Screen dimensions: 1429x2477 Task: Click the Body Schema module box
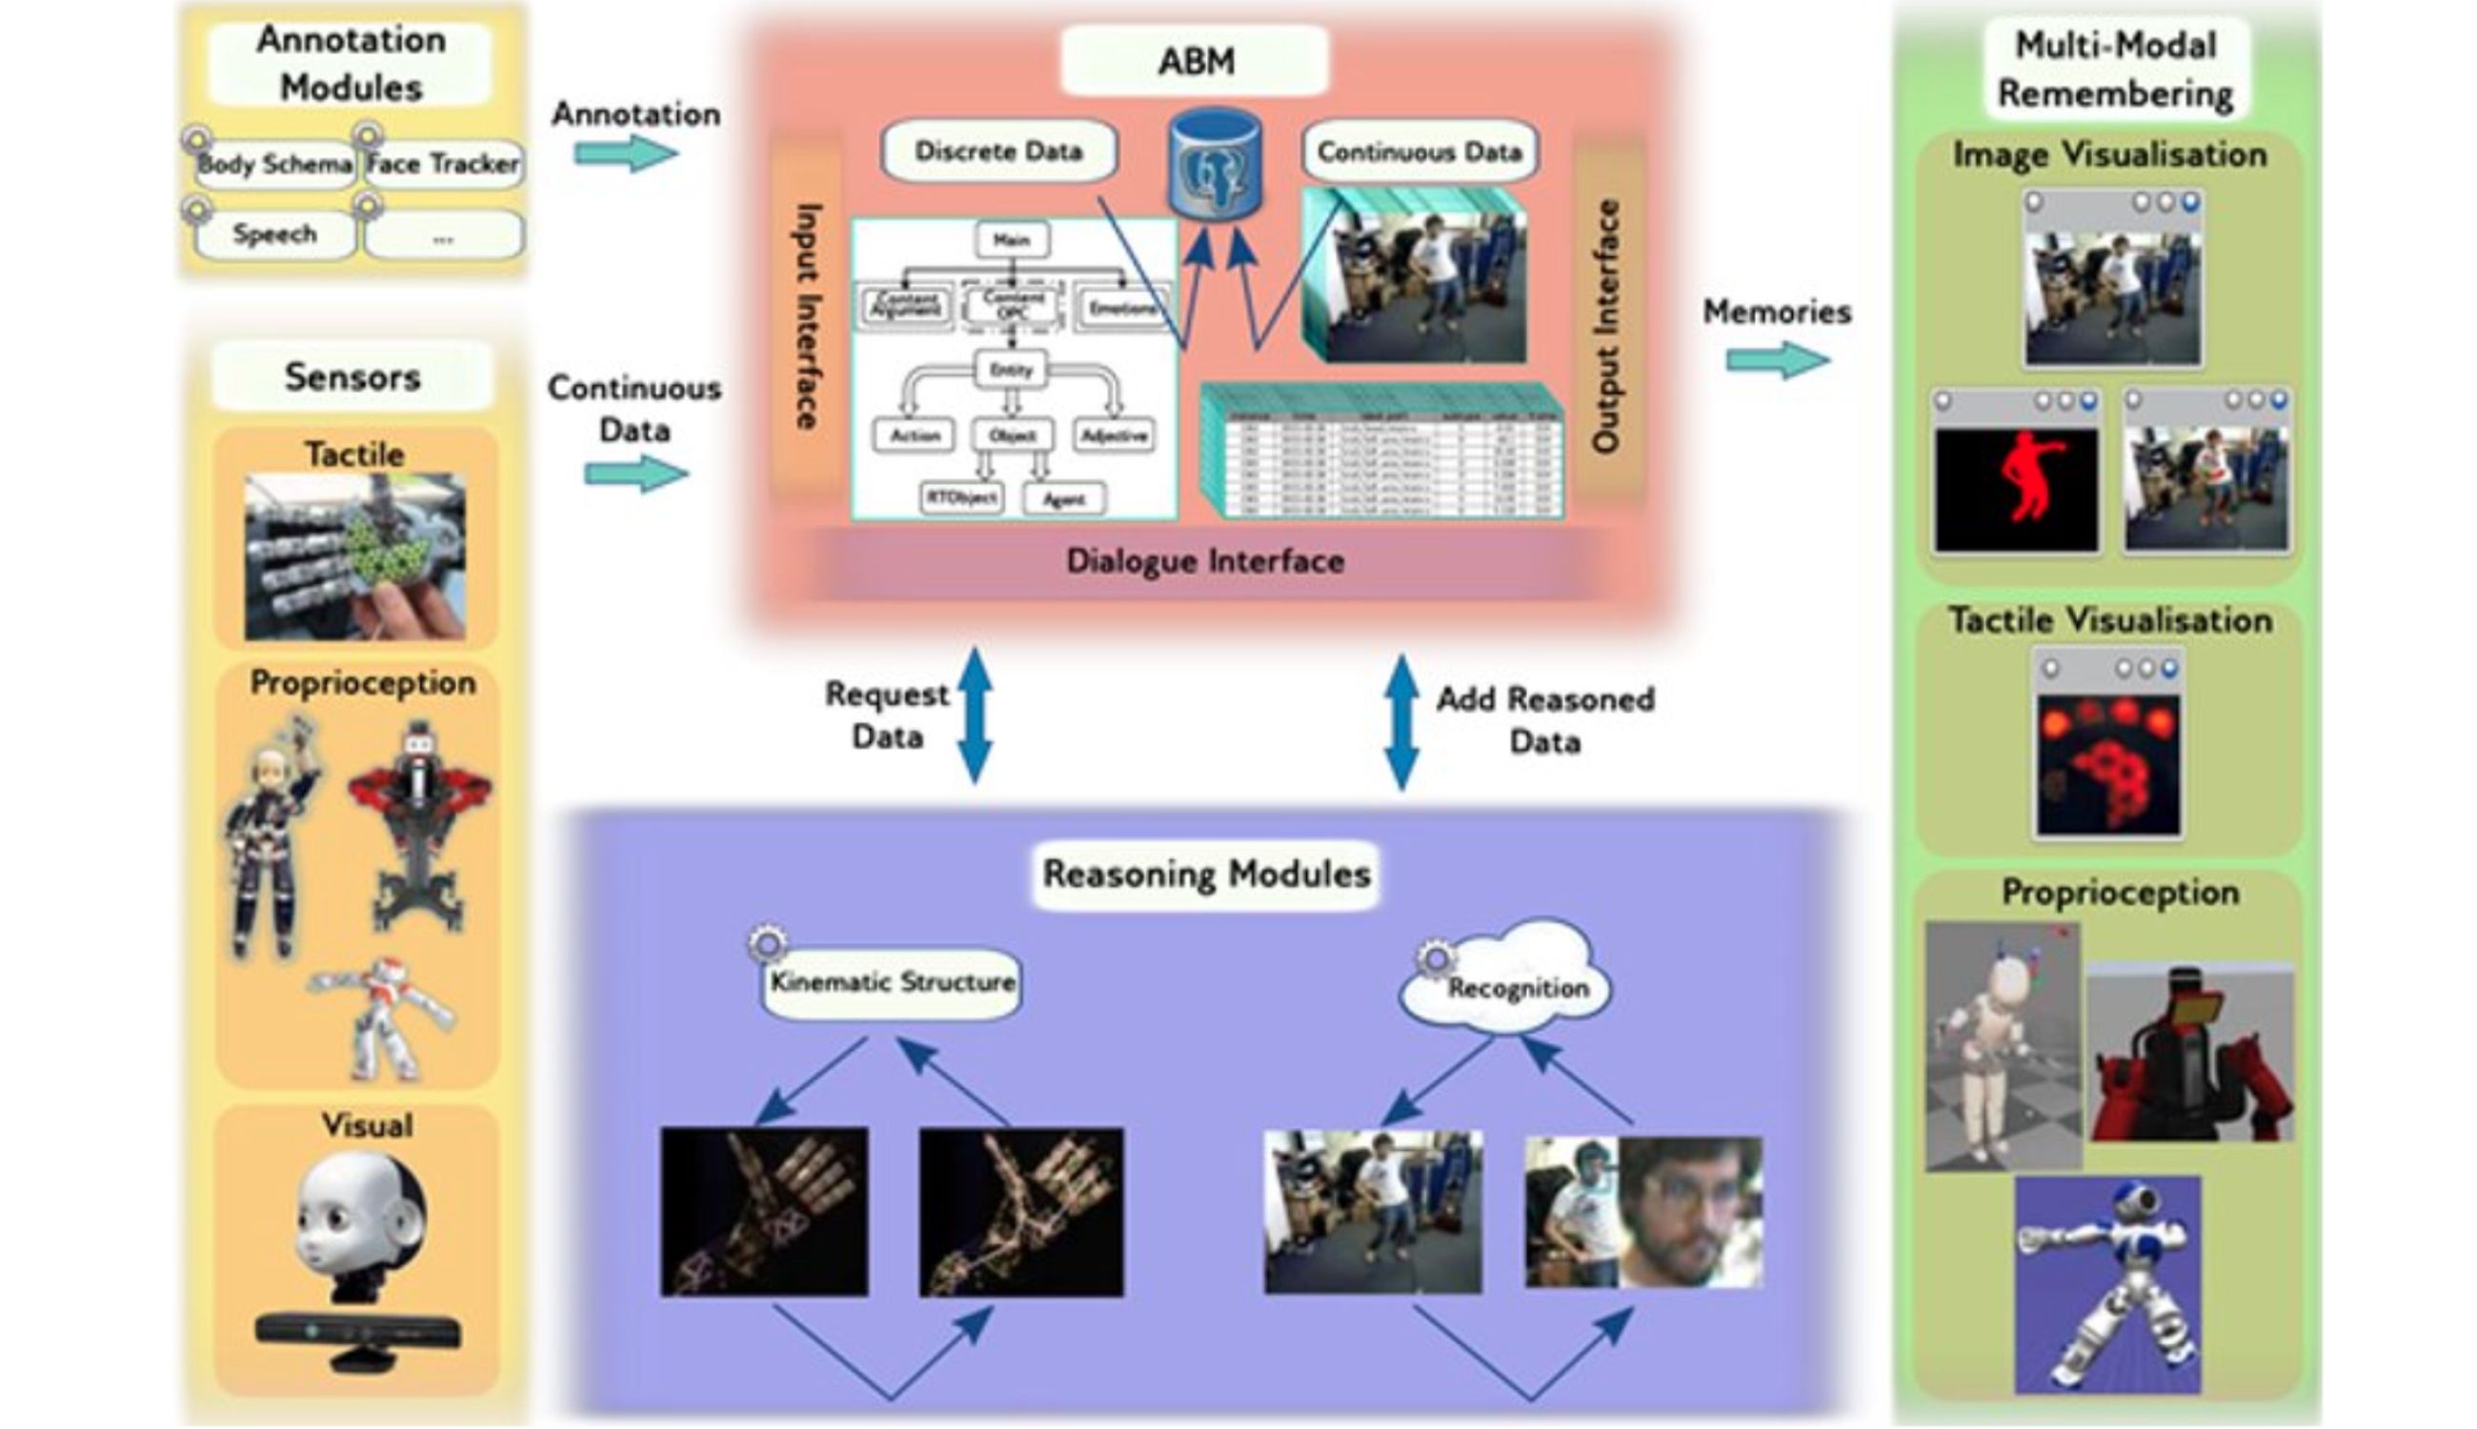coord(273,164)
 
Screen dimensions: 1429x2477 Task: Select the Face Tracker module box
coord(443,164)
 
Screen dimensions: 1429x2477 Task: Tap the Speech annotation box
coord(274,234)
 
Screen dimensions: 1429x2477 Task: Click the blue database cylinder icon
coord(1215,163)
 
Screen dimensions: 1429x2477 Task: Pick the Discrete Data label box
coord(998,151)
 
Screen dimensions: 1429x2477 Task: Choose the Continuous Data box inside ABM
coord(1420,152)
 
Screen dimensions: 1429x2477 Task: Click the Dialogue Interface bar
coord(1205,561)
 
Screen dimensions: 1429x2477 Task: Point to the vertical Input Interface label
coord(807,316)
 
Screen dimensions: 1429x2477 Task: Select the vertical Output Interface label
coord(1606,326)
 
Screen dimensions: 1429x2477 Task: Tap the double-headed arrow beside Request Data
coord(975,715)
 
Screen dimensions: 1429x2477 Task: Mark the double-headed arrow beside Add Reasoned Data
coord(1401,721)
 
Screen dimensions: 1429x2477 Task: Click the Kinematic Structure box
coord(892,982)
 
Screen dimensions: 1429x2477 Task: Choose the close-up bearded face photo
coord(1690,1213)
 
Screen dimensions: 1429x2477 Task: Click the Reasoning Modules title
coord(1206,874)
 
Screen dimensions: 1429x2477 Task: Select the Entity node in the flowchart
coord(1012,370)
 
